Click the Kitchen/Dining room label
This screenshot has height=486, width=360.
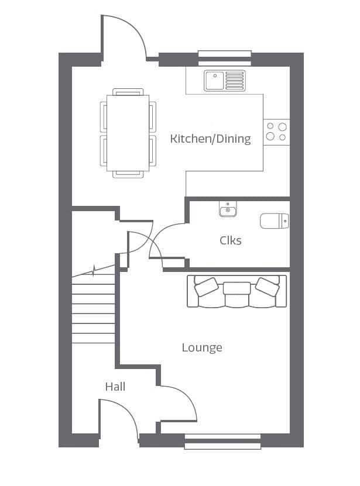(x=210, y=139)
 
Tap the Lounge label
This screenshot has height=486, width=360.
(x=202, y=348)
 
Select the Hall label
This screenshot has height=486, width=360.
(x=115, y=387)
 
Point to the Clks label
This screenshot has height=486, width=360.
(x=230, y=240)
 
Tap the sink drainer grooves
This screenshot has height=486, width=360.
(x=235, y=81)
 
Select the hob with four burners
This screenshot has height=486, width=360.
(x=276, y=132)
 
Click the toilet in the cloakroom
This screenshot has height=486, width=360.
(x=275, y=220)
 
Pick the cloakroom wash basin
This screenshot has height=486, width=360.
(x=228, y=209)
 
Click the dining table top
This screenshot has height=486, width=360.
(x=128, y=133)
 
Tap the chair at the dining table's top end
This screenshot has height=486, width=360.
(x=128, y=92)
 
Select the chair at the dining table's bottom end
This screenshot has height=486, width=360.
(x=128, y=174)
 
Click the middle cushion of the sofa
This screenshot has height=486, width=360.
(x=237, y=288)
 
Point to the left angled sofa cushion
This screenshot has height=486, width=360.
(x=206, y=287)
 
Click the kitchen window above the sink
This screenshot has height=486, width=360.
(x=224, y=58)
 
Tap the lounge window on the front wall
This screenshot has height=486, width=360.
(x=222, y=442)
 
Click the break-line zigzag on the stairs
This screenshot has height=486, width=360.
(x=94, y=270)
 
